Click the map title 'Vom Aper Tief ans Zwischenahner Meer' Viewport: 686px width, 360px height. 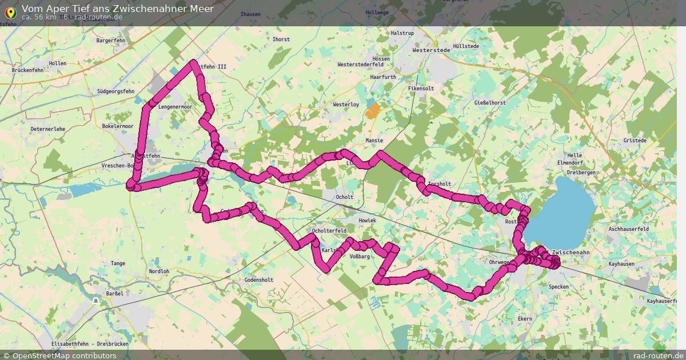[x=118, y=9]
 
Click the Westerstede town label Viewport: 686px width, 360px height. [x=432, y=50]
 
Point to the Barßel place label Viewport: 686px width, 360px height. [x=114, y=293]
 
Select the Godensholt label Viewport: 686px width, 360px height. [x=258, y=280]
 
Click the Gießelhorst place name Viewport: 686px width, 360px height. [x=490, y=103]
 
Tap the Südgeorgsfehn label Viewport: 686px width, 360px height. [x=115, y=91]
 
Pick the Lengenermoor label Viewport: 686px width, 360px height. [x=176, y=107]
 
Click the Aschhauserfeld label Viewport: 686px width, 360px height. [x=629, y=229]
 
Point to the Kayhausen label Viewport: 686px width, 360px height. [x=622, y=265]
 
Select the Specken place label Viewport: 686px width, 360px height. [x=559, y=287]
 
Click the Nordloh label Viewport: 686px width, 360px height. [x=159, y=271]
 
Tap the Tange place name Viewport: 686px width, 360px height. [x=118, y=263]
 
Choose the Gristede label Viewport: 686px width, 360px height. [x=635, y=141]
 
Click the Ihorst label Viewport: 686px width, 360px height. [x=281, y=39]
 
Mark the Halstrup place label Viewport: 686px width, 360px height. [x=402, y=33]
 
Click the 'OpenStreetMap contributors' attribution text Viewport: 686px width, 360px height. [x=64, y=355]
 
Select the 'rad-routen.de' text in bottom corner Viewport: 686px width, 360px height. [x=658, y=355]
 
